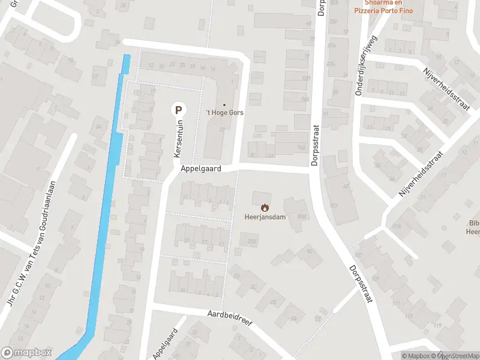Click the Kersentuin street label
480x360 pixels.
pyautogui.click(x=178, y=138)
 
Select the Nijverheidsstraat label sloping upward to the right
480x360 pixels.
pyautogui.click(x=421, y=174)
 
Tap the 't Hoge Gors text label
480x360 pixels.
pyautogui.click(x=224, y=112)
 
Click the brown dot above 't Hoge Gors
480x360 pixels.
pyautogui.click(x=224, y=104)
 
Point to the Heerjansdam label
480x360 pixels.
pyautogui.click(x=265, y=217)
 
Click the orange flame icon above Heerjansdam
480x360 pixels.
pyautogui.click(x=265, y=208)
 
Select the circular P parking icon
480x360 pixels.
pyautogui.click(x=178, y=109)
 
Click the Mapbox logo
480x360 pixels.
pyautogui.click(x=26, y=353)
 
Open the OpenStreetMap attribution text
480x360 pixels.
pyautogui.click(x=458, y=356)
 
